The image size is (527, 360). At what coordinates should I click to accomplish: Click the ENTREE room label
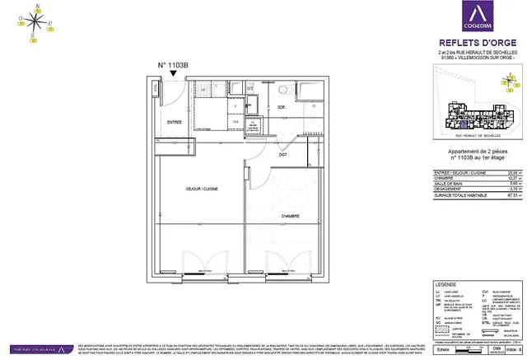[175, 122]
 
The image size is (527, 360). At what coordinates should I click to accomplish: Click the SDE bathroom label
[282, 108]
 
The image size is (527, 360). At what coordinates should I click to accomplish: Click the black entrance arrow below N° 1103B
[173, 74]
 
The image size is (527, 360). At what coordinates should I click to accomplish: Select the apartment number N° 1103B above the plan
[173, 64]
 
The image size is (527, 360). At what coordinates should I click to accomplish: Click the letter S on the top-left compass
[32, 36]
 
